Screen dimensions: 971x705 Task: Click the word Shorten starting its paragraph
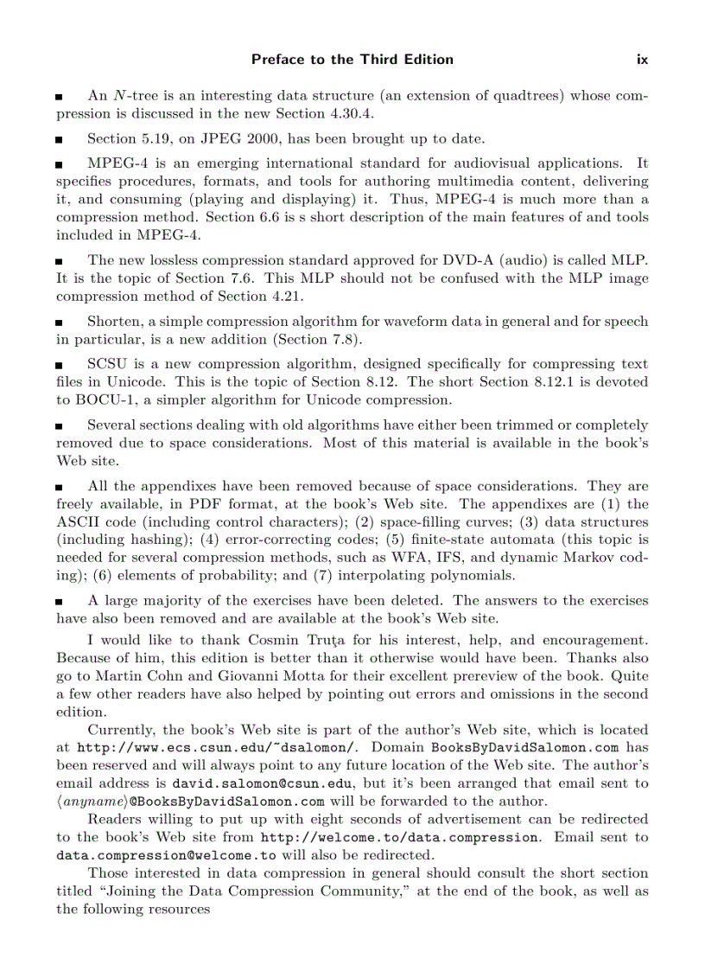click(x=115, y=321)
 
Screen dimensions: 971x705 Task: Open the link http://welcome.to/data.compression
click(x=399, y=837)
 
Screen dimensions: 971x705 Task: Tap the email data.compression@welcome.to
click(x=166, y=855)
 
